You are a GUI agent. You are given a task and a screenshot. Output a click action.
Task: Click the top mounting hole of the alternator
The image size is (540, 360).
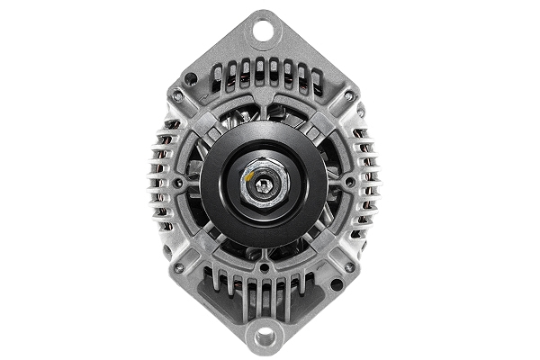pos(263,27)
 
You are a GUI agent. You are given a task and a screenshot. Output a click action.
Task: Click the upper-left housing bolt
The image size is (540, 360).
pos(178,94)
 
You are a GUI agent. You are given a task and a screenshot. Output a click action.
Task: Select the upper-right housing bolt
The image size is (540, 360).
pos(347,94)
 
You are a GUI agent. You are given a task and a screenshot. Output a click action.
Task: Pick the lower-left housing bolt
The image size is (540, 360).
pos(178,267)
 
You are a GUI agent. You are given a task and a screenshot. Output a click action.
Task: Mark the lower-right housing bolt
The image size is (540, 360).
pos(347,267)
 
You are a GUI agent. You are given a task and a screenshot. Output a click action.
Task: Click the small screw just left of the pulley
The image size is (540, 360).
pos(179,182)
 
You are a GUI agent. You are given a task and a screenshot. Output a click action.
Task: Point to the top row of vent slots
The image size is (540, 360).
pos(263,72)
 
